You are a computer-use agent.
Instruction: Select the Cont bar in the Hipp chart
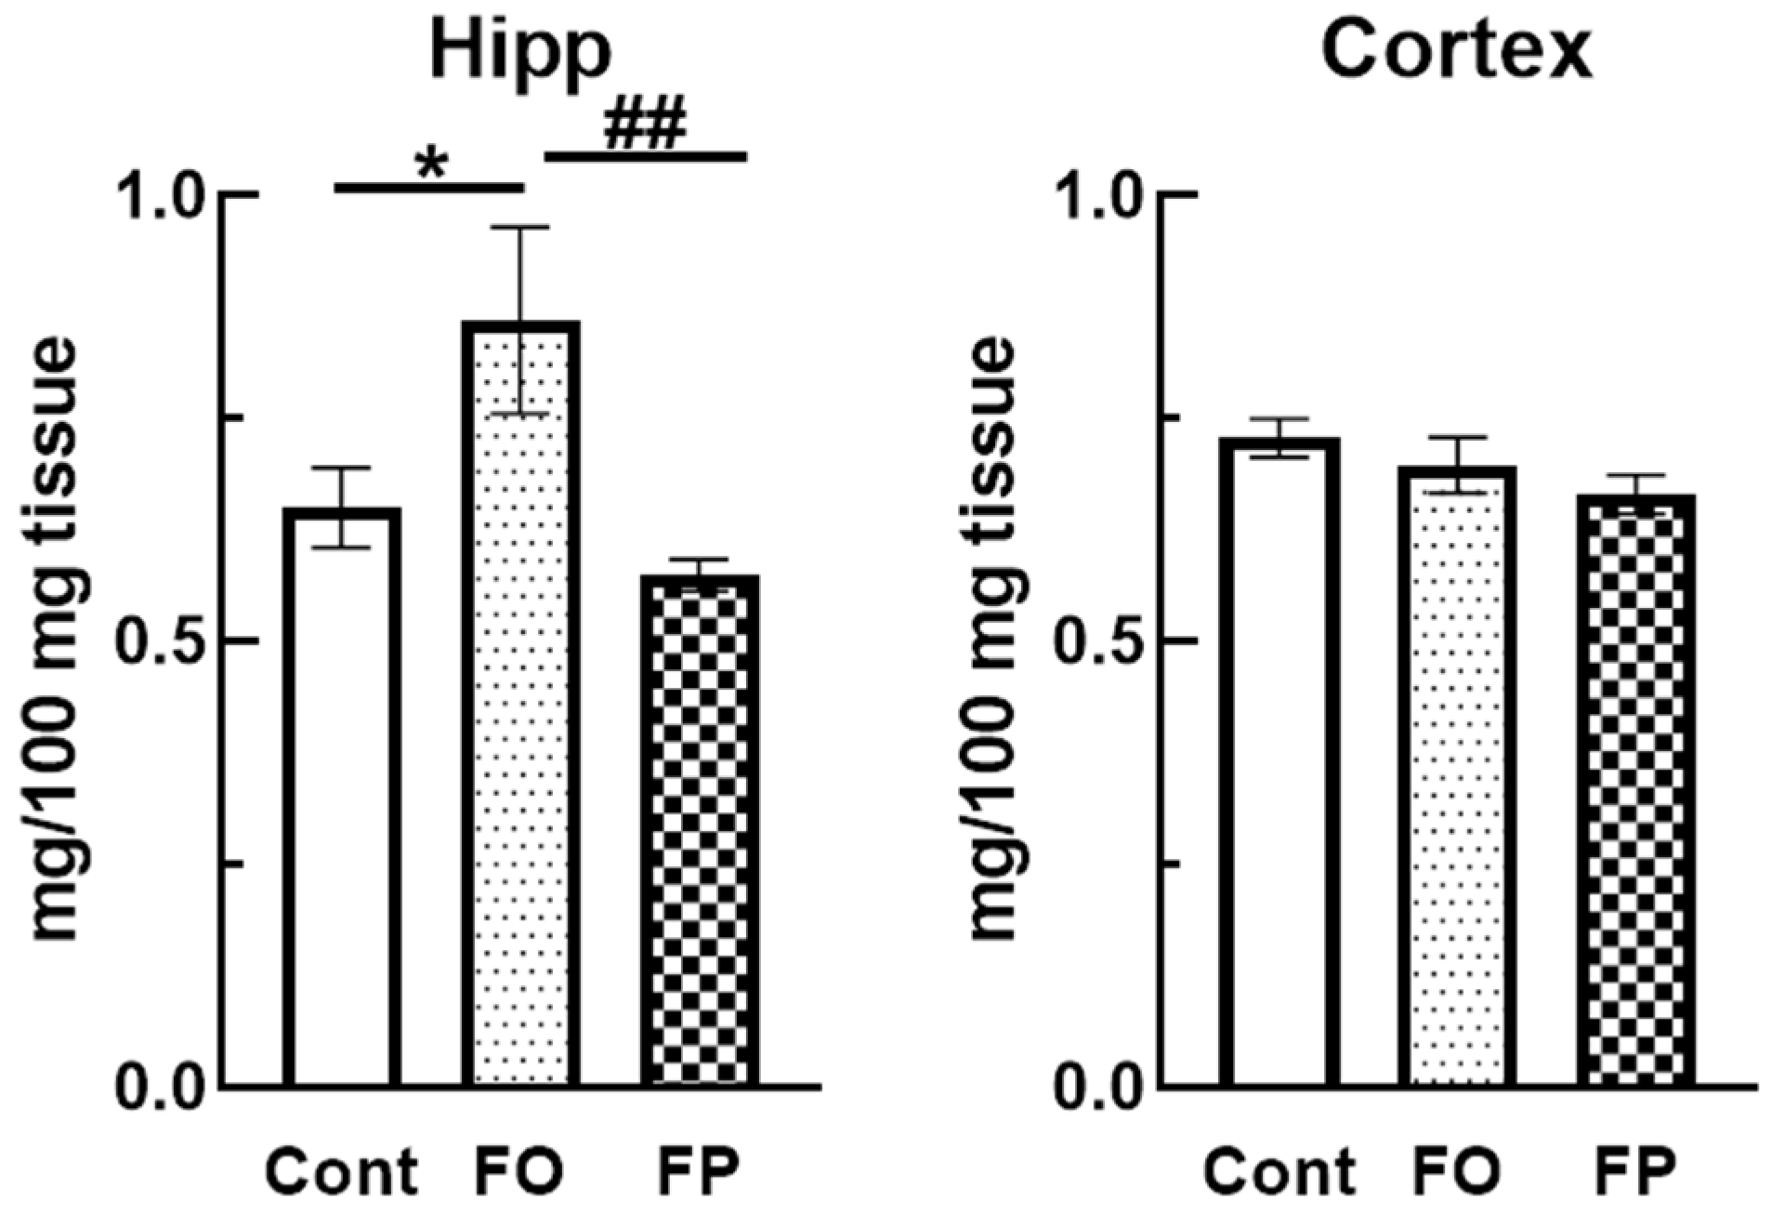coord(342,799)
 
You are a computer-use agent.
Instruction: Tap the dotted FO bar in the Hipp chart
coord(520,706)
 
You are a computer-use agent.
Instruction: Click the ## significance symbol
coord(645,127)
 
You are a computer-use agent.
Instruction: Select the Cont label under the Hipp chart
coord(342,1173)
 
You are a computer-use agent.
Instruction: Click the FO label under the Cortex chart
coord(1458,1173)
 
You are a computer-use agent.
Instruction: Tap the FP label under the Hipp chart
coord(699,1173)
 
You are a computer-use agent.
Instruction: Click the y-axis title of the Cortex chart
coord(992,641)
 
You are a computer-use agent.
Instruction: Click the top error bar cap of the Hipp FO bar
coord(520,228)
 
